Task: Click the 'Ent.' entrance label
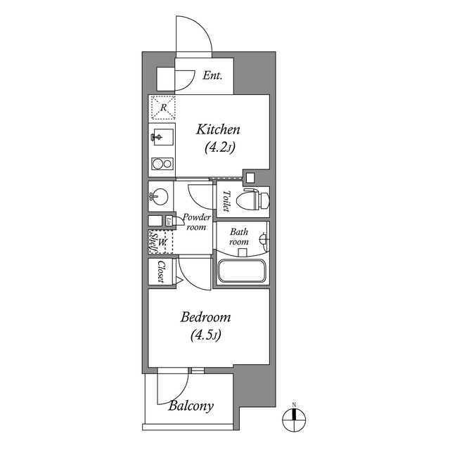212,76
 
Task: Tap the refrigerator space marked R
163,108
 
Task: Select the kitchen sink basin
160,137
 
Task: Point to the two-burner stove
162,165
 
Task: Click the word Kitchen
218,130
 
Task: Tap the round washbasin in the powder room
157,196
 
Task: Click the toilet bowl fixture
253,201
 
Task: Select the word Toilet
226,201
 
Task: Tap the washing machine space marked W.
163,243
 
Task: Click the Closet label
161,271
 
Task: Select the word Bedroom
205,318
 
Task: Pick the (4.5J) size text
205,335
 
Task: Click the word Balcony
191,406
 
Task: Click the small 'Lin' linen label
169,221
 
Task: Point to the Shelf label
152,243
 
